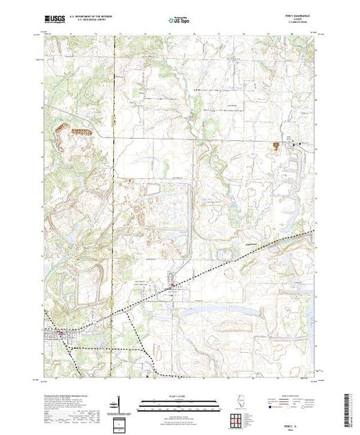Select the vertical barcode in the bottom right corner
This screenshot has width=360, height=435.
point(348,407)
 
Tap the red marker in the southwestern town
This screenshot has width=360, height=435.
point(61,332)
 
